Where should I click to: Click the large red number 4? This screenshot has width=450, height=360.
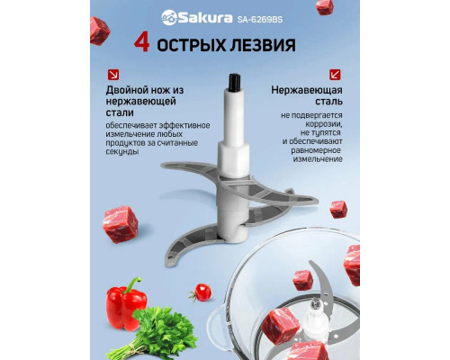141,43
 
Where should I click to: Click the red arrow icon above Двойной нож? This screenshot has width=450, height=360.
112,75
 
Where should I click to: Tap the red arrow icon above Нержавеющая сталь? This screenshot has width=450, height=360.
335,75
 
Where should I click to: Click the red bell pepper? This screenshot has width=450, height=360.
125,303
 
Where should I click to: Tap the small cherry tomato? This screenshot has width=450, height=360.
203,292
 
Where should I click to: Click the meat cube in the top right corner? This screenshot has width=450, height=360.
325,7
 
